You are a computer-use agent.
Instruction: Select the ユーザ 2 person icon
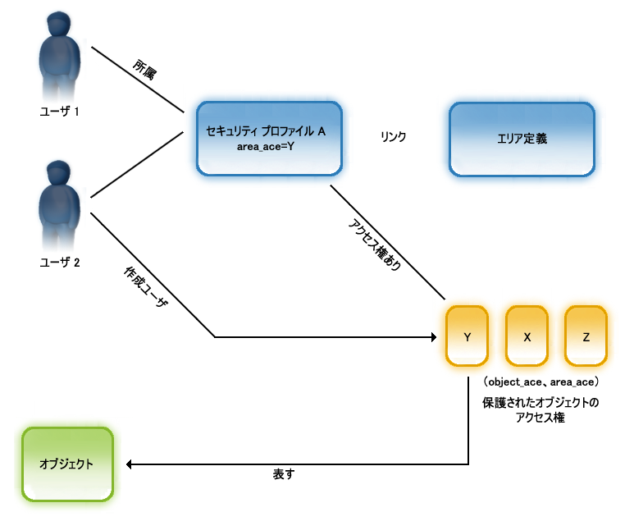pyautogui.click(x=60, y=204)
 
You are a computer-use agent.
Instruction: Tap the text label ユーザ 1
pyautogui.click(x=60, y=111)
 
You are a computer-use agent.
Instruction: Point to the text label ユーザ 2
pyautogui.click(x=60, y=263)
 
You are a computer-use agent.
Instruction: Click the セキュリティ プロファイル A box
pyautogui.click(x=269, y=138)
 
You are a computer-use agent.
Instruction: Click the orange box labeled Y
pyautogui.click(x=467, y=336)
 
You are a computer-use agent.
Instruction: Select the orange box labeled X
pyautogui.click(x=527, y=336)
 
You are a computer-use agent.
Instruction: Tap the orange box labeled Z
pyautogui.click(x=586, y=336)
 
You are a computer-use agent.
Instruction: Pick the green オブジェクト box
pyautogui.click(x=66, y=464)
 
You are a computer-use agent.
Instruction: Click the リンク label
pyautogui.click(x=393, y=137)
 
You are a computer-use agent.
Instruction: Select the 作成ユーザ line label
pyautogui.click(x=145, y=288)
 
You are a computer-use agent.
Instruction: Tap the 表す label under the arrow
pyautogui.click(x=283, y=476)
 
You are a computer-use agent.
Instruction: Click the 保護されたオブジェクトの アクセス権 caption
pyautogui.click(x=541, y=409)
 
